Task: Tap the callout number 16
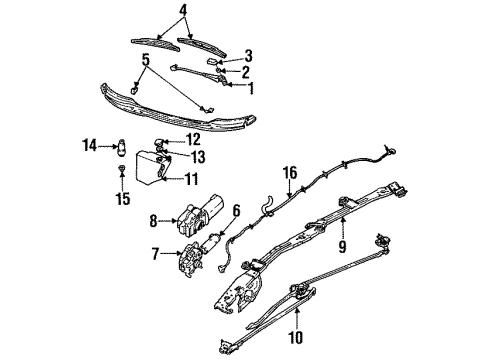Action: tap(289, 173)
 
